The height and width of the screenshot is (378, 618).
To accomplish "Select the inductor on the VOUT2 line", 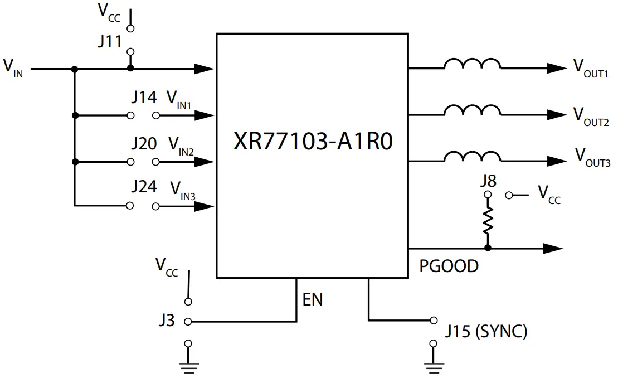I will coord(472,110).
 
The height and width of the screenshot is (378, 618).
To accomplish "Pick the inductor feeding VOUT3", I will coord(472,157).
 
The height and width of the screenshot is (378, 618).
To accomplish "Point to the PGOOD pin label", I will coord(449,266).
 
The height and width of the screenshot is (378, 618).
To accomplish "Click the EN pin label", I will coord(313,299).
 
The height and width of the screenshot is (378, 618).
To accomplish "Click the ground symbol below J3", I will coord(188,365).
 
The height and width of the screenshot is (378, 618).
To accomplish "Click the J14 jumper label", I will coord(144,98).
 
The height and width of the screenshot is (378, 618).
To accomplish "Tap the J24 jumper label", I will coord(144,187).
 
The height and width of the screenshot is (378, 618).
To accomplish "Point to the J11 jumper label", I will coord(110,42).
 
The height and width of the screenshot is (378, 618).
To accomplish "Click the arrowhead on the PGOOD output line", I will coord(554,248).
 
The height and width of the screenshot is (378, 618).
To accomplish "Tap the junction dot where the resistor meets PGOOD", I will coord(488,248).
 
